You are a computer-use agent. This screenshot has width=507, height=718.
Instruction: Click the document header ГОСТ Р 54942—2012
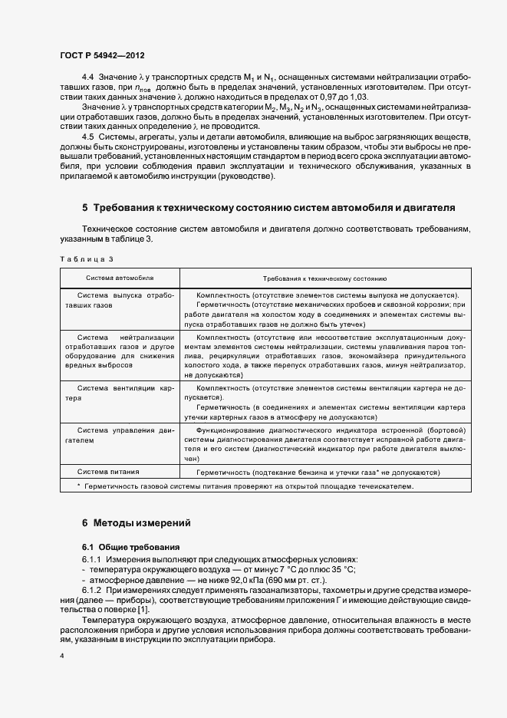[101, 56]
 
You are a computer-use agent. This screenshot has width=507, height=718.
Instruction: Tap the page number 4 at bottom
[62, 657]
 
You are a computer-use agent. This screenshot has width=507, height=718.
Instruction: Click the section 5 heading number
[85, 208]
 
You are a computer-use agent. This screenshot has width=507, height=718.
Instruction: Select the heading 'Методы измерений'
[142, 522]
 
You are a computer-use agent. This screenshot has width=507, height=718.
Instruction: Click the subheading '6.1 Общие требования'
[130, 547]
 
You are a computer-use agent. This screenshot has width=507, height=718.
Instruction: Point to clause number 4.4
[87, 79]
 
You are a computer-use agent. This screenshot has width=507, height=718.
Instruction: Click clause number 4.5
[87, 137]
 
